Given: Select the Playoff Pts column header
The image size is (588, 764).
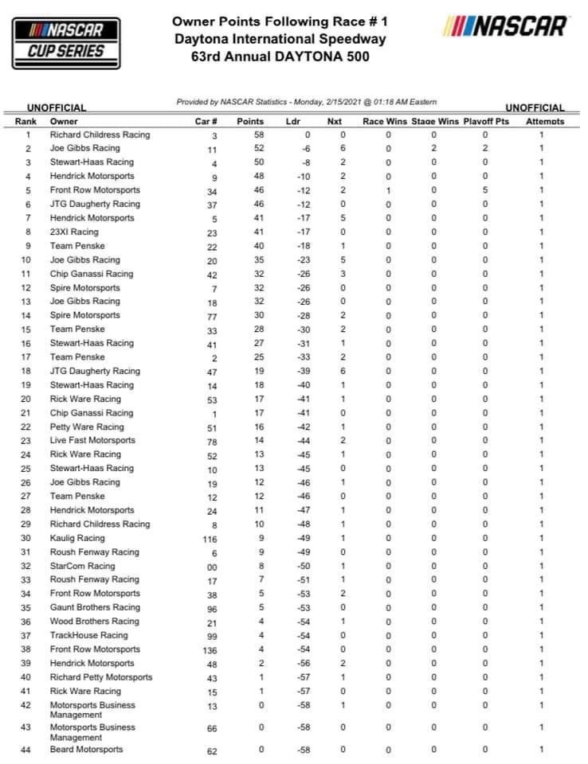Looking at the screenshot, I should [485, 122].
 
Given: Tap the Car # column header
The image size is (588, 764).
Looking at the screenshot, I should [206, 122].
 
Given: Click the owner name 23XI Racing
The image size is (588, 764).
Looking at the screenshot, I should [74, 232].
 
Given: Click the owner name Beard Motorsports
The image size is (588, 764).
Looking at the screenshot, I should [87, 750].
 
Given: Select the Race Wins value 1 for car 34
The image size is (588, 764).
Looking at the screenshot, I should [388, 190].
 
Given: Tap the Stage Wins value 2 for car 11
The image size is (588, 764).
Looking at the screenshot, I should [434, 148].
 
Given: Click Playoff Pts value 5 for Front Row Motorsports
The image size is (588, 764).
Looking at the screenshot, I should [485, 190].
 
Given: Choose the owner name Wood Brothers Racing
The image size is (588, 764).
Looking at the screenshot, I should [95, 622].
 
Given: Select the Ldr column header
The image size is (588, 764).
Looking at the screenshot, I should [293, 122].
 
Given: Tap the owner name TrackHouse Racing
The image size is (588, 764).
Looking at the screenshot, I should [89, 636].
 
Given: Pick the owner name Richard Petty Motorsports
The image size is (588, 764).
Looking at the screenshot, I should [101, 677].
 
